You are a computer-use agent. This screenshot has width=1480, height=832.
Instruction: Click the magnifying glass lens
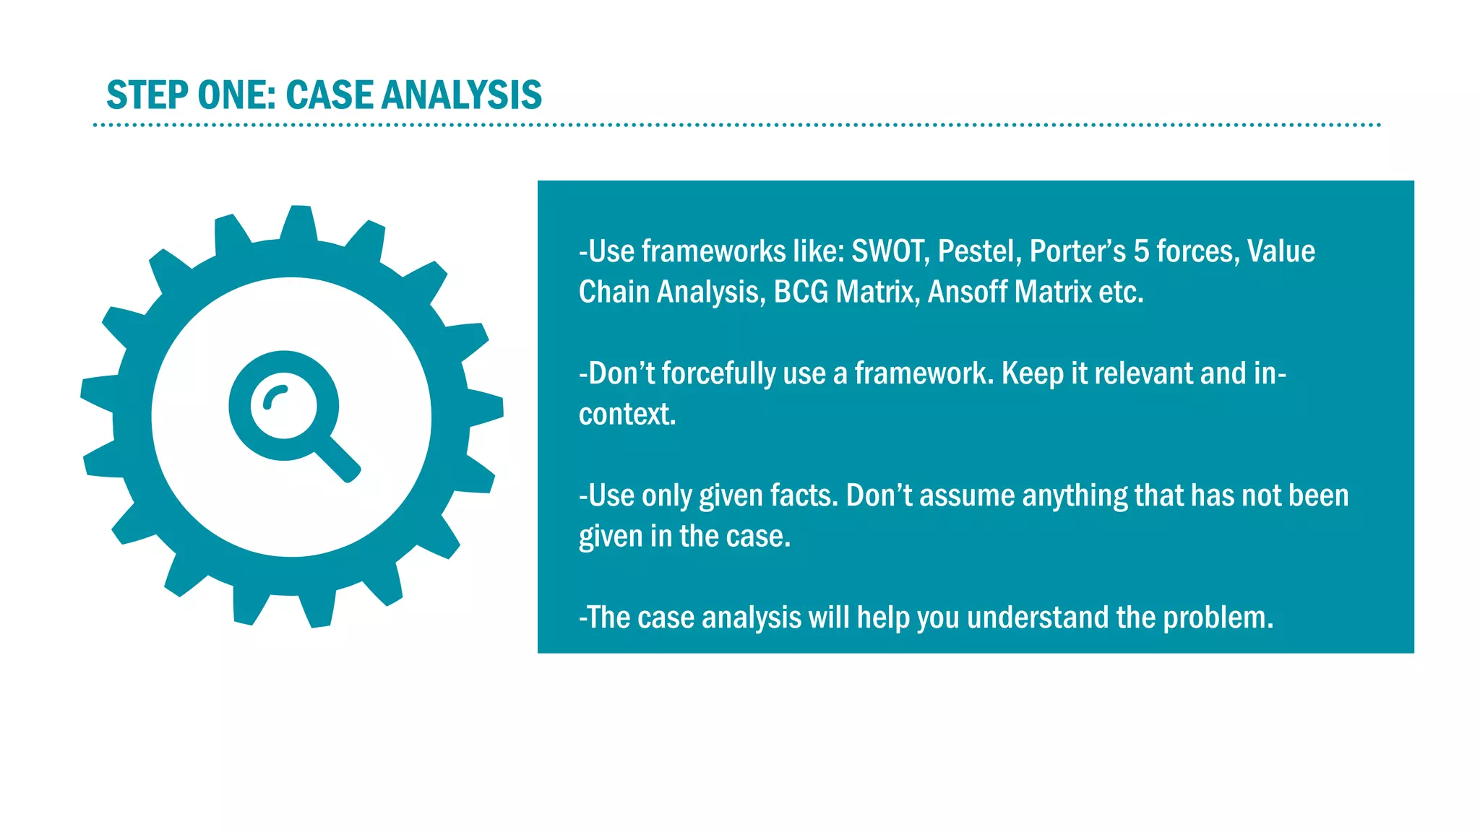pyautogui.click(x=283, y=405)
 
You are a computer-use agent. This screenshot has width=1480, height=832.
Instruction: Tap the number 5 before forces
pyautogui.click(x=1141, y=251)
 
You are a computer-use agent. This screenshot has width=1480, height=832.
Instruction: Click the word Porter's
pyautogui.click(x=1077, y=251)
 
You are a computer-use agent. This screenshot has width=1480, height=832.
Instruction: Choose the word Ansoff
pyautogui.click(x=967, y=292)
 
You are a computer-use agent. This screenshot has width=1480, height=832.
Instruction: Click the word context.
pyautogui.click(x=627, y=415)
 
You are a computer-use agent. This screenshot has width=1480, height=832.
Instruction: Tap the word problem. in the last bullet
pyautogui.click(x=1218, y=618)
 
